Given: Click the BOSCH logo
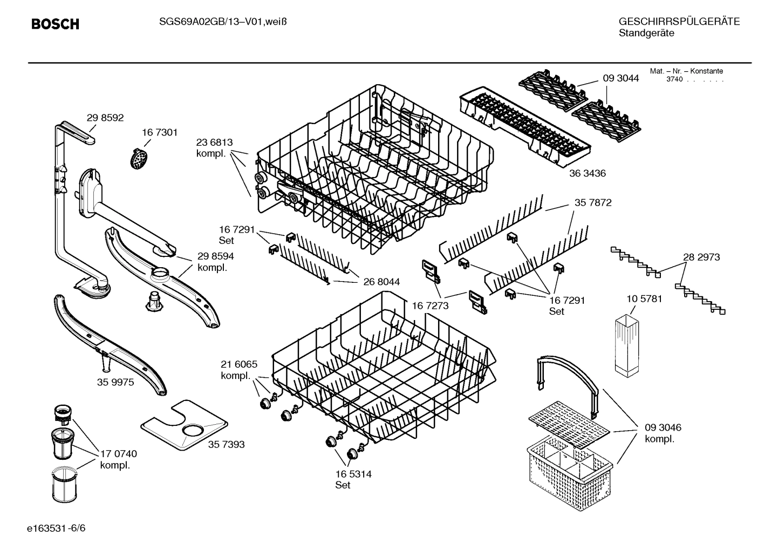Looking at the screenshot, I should (x=55, y=24).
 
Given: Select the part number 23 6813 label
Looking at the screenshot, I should (x=214, y=142).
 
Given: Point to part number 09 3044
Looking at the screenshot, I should (x=620, y=78).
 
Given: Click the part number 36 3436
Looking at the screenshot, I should (x=588, y=173).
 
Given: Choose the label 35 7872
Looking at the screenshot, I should (x=593, y=203).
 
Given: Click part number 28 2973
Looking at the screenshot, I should (x=701, y=257).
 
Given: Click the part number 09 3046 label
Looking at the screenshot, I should (x=663, y=427).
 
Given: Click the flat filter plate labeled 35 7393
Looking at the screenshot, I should (x=183, y=426).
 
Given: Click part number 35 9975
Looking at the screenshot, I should (x=115, y=382).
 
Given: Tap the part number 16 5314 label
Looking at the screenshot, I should (x=353, y=474).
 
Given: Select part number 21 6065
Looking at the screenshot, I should (x=239, y=364).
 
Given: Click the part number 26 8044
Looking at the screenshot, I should (x=381, y=282).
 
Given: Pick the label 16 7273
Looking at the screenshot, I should (x=430, y=306).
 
